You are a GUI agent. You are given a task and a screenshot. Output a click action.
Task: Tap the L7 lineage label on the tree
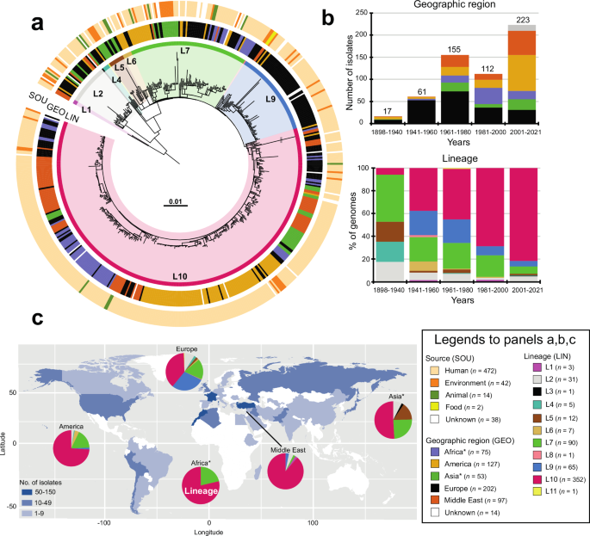point(184,52)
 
